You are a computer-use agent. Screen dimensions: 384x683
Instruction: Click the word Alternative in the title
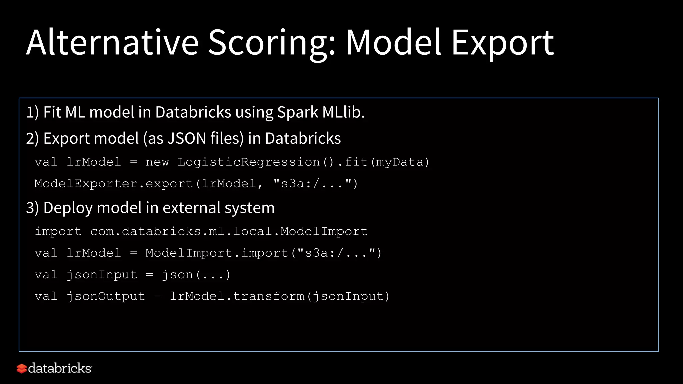(x=112, y=42)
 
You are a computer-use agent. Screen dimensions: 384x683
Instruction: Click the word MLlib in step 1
(x=344, y=112)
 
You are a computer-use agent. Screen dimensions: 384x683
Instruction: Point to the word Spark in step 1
(x=298, y=113)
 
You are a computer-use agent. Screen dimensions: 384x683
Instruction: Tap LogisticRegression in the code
(x=249, y=162)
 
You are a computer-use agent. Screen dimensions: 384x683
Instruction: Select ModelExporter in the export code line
(x=86, y=184)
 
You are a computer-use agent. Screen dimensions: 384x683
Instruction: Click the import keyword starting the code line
(x=58, y=231)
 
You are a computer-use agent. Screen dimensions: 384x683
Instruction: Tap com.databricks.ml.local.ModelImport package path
(x=229, y=231)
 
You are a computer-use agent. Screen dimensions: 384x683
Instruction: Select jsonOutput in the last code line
(x=106, y=296)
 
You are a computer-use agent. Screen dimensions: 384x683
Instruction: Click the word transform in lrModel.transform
(x=269, y=296)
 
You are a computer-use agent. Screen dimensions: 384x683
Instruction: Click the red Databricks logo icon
(x=22, y=369)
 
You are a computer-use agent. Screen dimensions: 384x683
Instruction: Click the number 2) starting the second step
(x=33, y=138)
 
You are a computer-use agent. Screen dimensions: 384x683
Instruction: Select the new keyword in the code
(x=157, y=162)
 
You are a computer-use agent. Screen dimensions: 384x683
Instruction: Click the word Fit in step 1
(x=52, y=112)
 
